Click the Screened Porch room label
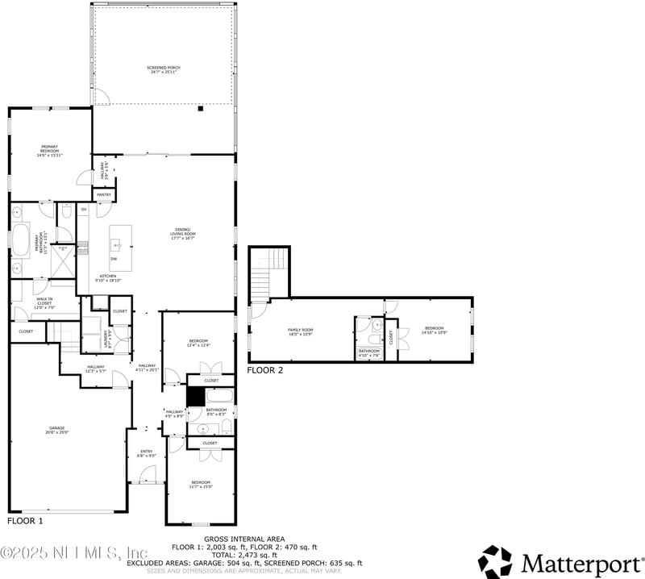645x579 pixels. (164, 69)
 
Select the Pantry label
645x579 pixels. (104, 194)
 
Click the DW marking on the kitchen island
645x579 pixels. (114, 258)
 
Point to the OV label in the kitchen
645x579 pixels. (83, 209)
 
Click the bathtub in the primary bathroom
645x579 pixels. (20, 241)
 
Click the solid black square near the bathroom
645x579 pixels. (196, 397)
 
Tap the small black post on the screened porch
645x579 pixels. (201, 109)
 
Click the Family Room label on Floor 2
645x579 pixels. (301, 331)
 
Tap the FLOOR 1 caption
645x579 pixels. (25, 522)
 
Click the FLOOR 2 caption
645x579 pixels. (265, 371)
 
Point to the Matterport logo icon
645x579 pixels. (495, 561)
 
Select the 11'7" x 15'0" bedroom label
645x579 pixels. (201, 484)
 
